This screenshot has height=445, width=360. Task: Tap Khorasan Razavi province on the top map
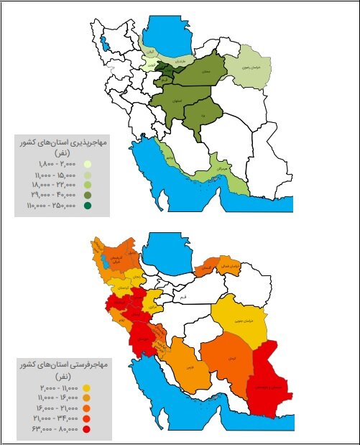click(247, 68)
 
